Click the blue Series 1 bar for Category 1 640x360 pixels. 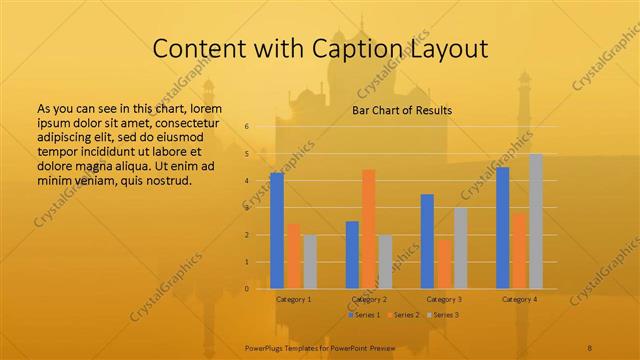tap(277, 231)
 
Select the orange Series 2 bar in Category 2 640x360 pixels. tap(368, 229)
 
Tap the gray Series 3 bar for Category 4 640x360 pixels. tap(536, 221)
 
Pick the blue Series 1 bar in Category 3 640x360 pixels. tap(427, 241)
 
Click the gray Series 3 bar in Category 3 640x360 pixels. tap(460, 248)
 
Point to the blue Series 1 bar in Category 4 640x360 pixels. tap(503, 228)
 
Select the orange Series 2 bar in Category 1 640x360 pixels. tap(293, 256)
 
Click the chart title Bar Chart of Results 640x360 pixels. tap(402, 110)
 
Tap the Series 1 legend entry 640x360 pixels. tap(364, 315)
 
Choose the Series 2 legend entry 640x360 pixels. tap(404, 315)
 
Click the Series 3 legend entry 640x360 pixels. tap(444, 315)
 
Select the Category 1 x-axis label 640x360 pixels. tap(293, 299)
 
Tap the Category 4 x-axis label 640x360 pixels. tap(519, 299)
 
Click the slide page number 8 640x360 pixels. tap(590, 345)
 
